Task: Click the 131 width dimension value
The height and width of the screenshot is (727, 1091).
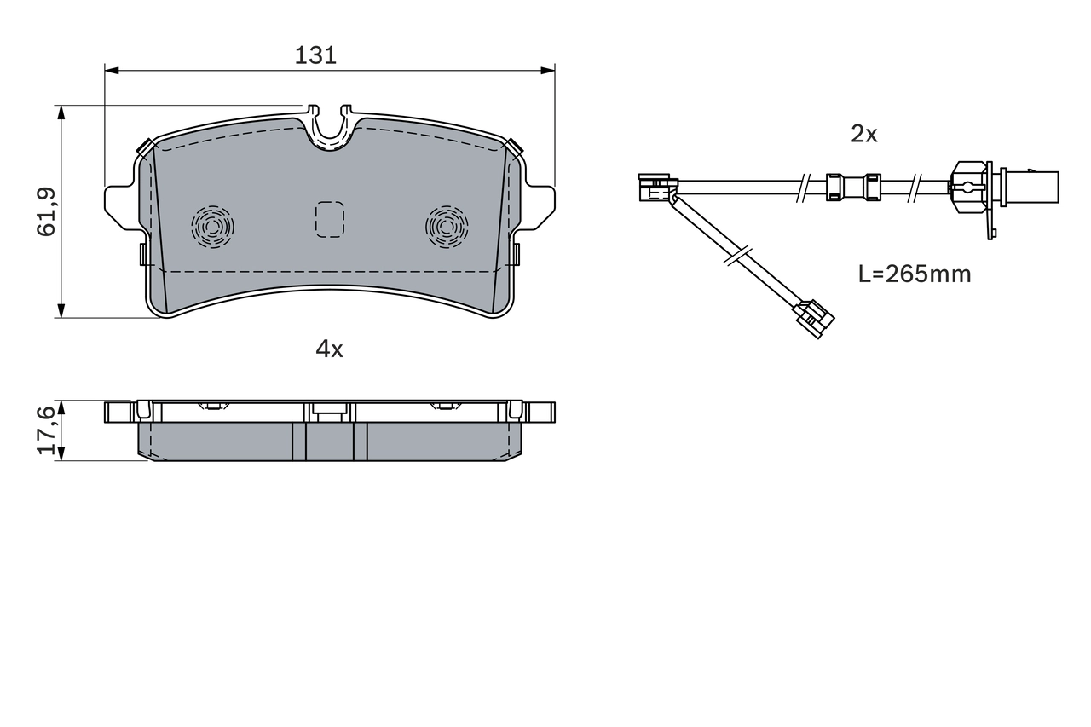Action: click(x=315, y=55)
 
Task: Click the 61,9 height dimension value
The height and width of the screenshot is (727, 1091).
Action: click(x=47, y=211)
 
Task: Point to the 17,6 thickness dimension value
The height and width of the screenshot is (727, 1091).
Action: click(x=47, y=430)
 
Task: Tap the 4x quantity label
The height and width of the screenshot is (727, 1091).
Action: click(x=329, y=349)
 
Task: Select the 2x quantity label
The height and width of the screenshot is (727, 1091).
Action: click(x=863, y=134)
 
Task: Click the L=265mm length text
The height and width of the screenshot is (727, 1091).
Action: click(x=914, y=274)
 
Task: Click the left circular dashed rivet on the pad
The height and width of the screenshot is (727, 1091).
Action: click(x=212, y=227)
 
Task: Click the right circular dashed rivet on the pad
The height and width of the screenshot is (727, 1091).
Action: click(x=447, y=227)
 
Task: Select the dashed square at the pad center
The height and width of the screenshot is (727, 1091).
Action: click(x=329, y=219)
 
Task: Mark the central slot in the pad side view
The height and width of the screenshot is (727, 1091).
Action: click(x=329, y=441)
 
